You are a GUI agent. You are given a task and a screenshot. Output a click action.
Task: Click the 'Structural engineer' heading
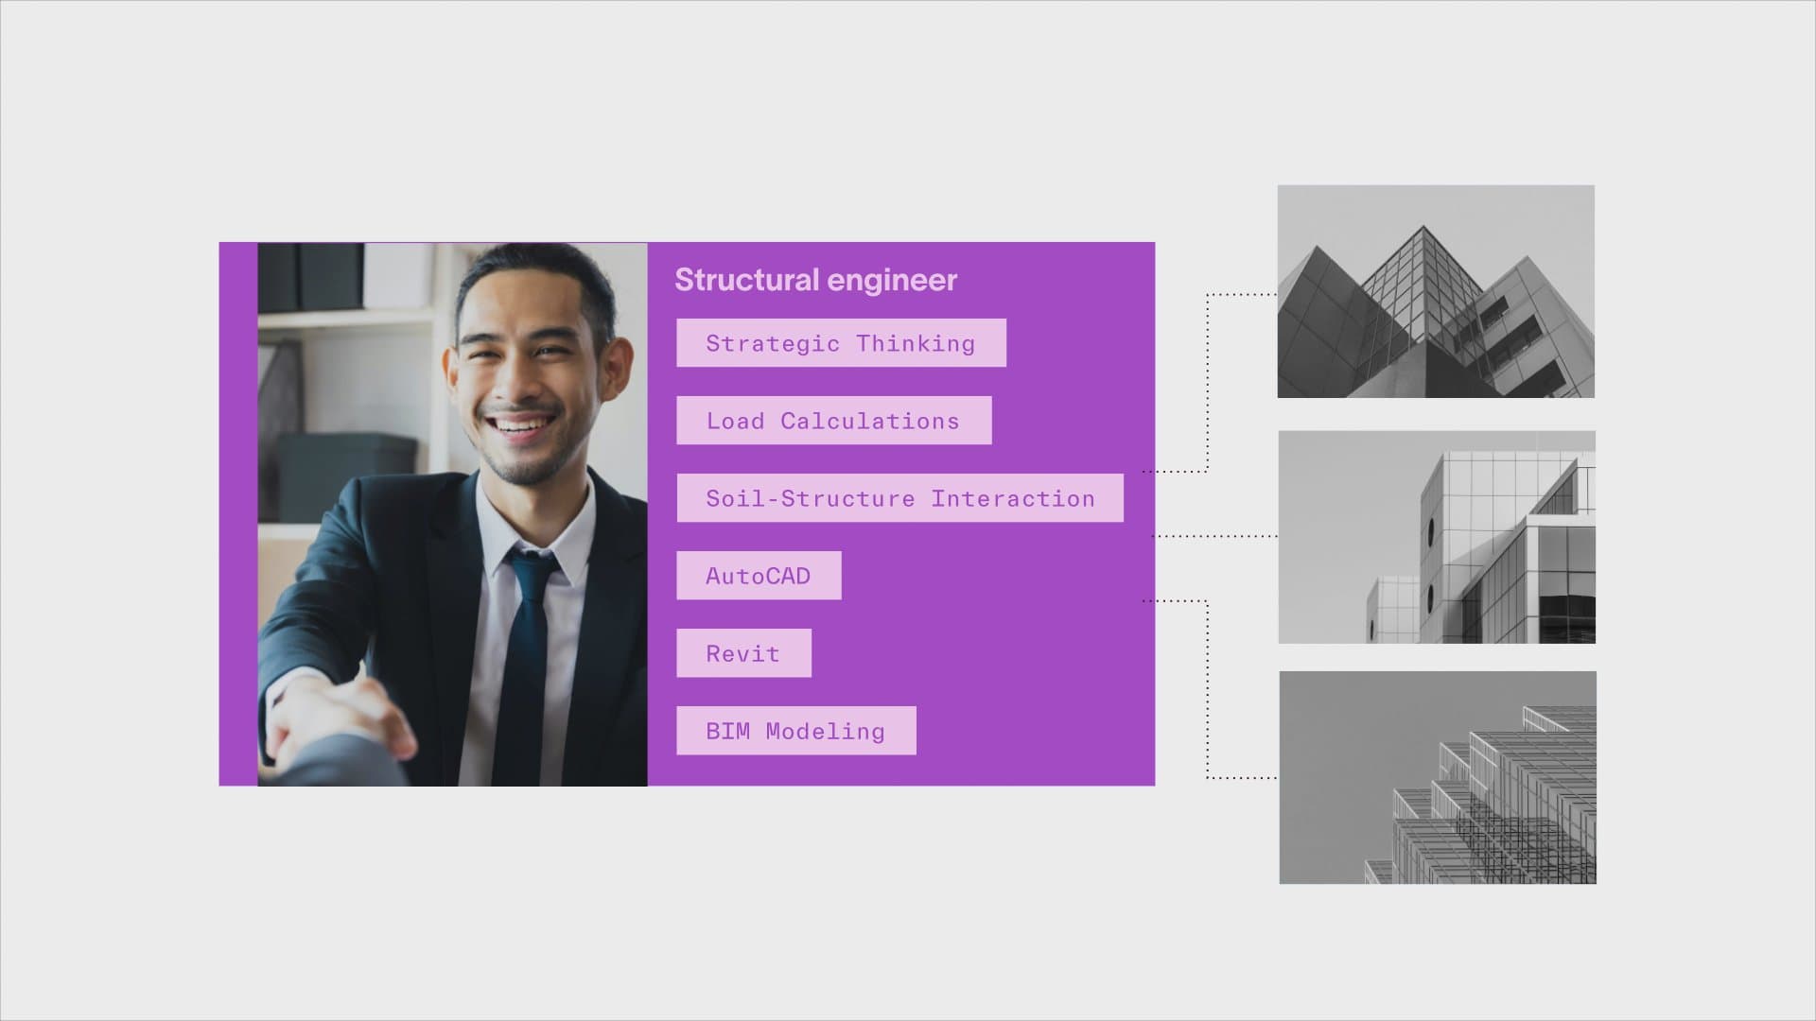tap(815, 280)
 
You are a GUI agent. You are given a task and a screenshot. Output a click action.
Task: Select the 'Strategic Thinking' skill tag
tap(841, 343)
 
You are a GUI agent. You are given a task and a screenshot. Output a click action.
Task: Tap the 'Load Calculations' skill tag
tap(833, 421)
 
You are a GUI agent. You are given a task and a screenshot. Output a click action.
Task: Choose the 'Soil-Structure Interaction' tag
tap(899, 498)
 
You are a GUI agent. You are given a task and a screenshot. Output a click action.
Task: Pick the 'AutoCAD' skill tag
tap(759, 576)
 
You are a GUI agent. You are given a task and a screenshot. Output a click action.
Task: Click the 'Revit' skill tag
tap(743, 653)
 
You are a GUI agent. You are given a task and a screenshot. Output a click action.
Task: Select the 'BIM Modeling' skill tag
tap(795, 731)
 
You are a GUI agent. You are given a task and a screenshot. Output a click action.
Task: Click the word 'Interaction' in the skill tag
tap(1013, 498)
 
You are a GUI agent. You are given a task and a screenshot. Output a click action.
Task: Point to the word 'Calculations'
tap(870, 421)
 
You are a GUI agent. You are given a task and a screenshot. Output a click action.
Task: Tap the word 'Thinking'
tap(916, 344)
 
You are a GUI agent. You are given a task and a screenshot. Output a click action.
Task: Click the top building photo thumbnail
tap(1436, 291)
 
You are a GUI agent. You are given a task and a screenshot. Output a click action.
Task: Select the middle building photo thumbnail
tap(1437, 537)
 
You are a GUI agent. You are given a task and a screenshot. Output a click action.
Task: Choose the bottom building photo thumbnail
tap(1438, 778)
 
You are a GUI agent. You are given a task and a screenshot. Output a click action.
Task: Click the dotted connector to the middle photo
tap(1214, 536)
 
